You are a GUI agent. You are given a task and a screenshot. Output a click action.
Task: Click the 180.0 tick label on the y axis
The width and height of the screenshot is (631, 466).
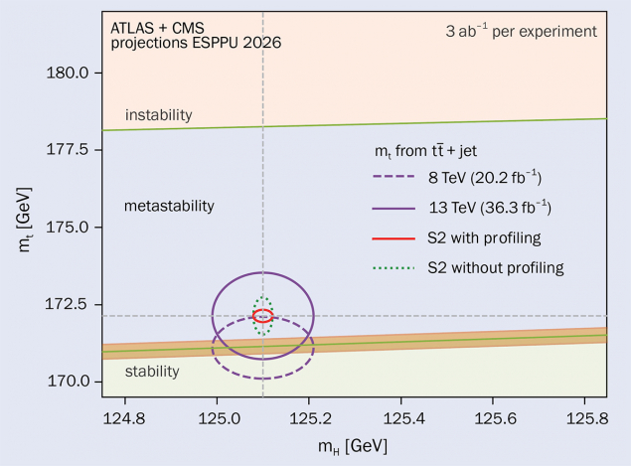(x=70, y=73)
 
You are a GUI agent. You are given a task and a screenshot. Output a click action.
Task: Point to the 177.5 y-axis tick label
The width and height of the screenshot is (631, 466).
(x=70, y=150)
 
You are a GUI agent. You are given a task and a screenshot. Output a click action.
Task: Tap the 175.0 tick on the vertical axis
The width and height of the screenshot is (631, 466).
(x=70, y=228)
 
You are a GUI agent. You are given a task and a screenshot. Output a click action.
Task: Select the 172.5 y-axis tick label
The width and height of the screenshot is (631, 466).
(x=70, y=305)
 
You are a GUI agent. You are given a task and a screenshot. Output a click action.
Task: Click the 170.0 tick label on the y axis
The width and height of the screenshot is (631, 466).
(x=70, y=382)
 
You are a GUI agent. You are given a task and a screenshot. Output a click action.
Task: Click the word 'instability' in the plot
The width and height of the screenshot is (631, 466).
(x=158, y=115)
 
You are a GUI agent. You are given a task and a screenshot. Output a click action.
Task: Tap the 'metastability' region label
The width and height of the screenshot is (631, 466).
(x=169, y=206)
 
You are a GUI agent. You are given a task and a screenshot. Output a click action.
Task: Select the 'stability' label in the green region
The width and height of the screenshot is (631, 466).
(x=152, y=372)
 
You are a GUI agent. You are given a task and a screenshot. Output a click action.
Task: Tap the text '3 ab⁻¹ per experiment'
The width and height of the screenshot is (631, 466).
(x=521, y=31)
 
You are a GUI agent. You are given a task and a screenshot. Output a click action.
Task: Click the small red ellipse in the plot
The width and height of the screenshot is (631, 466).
(x=262, y=316)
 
